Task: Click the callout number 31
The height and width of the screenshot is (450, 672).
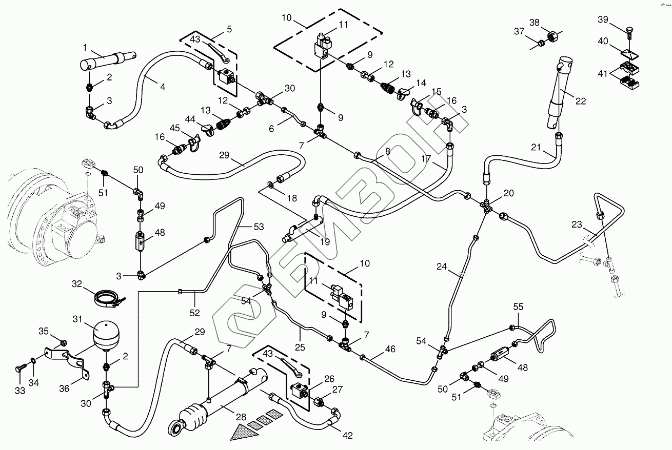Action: pyautogui.click(x=77, y=319)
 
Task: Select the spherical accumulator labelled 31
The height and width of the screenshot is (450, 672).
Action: pyautogui.click(x=106, y=335)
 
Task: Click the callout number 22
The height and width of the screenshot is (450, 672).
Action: pyautogui.click(x=581, y=101)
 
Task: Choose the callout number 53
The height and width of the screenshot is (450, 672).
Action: pyautogui.click(x=259, y=227)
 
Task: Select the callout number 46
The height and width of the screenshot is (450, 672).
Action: pyautogui.click(x=390, y=349)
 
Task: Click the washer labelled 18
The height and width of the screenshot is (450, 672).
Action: pyautogui.click(x=271, y=184)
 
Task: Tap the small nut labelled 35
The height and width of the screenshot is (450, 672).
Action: pyautogui.click(x=63, y=343)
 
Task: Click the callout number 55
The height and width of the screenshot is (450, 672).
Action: pyautogui.click(x=518, y=306)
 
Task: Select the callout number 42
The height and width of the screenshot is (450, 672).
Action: pyautogui.click(x=347, y=435)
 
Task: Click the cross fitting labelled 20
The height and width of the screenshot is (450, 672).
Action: pyautogui.click(x=486, y=206)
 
